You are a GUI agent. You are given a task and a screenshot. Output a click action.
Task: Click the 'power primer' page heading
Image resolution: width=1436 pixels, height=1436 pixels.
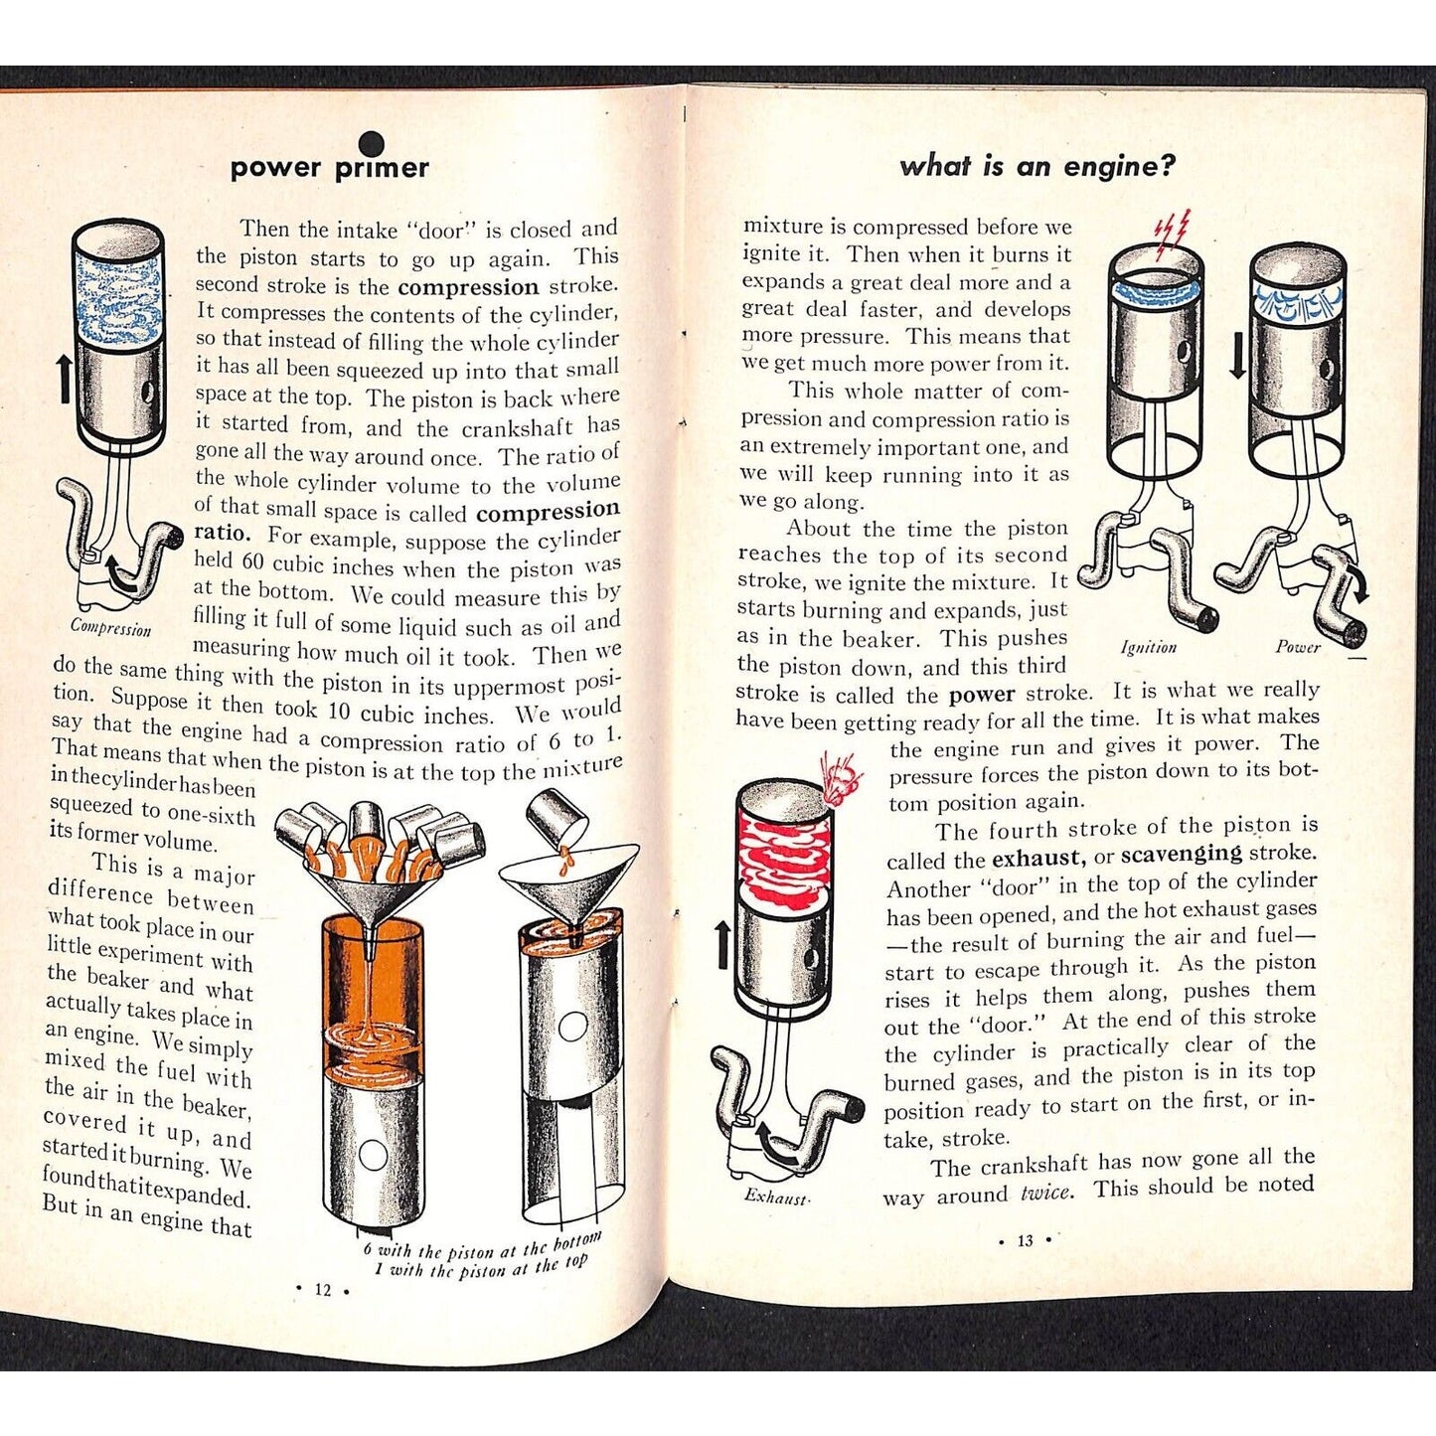[329, 168]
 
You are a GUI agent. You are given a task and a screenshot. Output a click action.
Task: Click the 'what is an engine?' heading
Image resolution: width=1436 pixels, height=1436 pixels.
[1037, 166]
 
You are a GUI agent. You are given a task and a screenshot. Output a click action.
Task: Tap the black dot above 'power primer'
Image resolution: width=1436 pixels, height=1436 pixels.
[371, 141]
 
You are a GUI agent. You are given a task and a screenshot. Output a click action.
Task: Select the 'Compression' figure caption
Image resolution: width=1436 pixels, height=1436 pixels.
[111, 627]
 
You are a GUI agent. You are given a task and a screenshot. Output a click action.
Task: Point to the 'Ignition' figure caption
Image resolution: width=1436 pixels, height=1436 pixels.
[1149, 648]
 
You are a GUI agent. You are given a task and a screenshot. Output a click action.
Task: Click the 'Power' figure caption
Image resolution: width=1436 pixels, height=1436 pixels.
[1298, 647]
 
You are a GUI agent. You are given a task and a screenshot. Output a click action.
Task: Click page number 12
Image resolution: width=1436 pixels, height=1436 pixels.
[323, 1290]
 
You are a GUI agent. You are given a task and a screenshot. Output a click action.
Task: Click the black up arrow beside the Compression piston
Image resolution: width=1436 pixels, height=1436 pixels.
[66, 378]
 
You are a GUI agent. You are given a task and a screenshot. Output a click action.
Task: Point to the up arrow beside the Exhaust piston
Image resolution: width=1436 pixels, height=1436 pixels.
[721, 943]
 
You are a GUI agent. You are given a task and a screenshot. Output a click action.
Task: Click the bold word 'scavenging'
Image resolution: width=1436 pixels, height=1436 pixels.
[1182, 854]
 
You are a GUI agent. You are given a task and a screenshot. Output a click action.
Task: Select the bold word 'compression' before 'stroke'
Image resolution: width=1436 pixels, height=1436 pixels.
[468, 287]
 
